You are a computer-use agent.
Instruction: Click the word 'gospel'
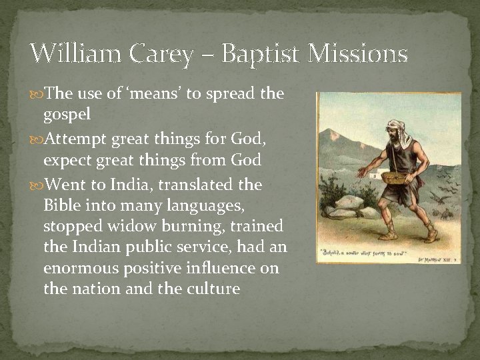pyautogui.click(x=67, y=114)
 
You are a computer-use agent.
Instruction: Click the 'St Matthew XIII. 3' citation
pyautogui.click(x=435, y=257)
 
